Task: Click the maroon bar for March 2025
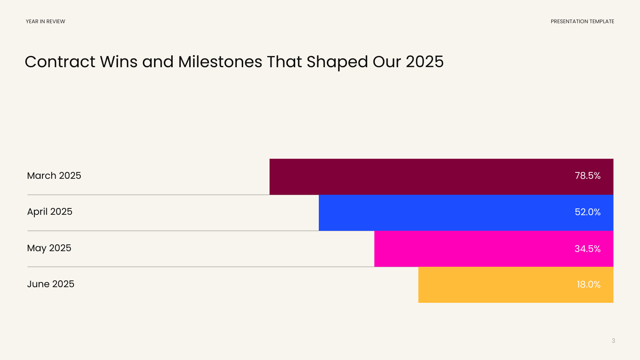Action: [x=442, y=177]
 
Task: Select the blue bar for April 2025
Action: [x=466, y=213]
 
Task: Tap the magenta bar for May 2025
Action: [x=494, y=249]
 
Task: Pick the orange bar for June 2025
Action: [x=516, y=285]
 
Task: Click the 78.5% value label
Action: [x=588, y=176]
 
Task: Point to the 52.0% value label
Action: [x=588, y=212]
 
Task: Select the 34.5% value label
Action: [x=588, y=249]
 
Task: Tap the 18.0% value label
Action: [x=588, y=284]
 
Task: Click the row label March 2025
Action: [x=54, y=176]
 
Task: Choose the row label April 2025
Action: [x=50, y=212]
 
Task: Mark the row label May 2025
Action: [x=49, y=248]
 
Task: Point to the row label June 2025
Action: [x=50, y=284]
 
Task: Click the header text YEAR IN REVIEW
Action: [x=46, y=22]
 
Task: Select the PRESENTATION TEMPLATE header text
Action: [x=582, y=22]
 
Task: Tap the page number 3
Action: [x=613, y=340]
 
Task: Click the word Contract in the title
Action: [x=60, y=62]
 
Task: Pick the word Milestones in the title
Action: [x=220, y=62]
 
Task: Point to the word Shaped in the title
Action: [x=337, y=62]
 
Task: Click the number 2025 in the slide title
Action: [x=424, y=62]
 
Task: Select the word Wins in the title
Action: [x=118, y=62]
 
